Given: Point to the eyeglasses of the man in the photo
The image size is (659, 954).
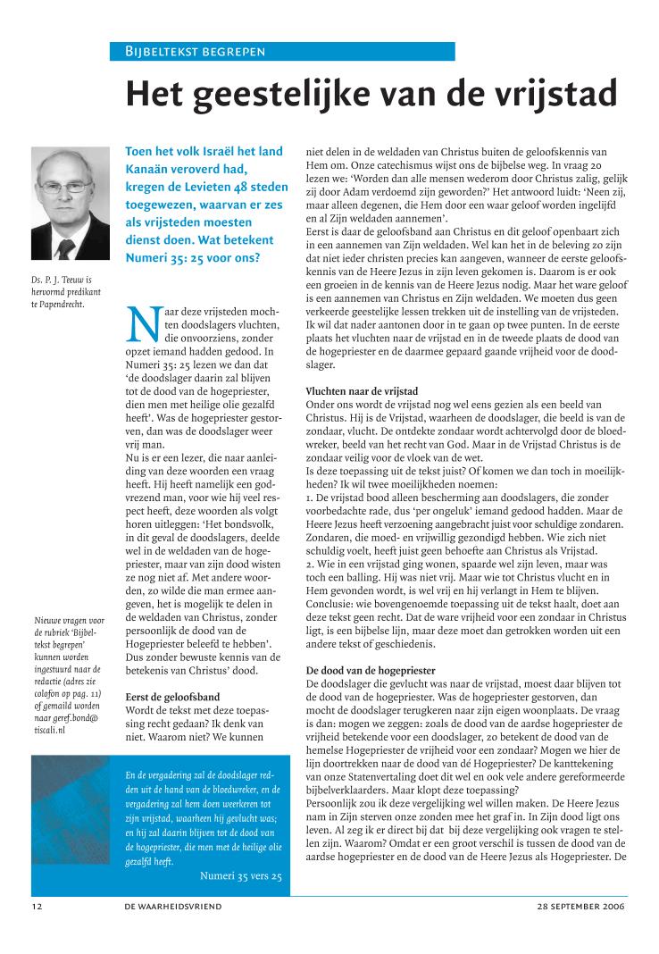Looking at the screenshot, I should click(x=65, y=187).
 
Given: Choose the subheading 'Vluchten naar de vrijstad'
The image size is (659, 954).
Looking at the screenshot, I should click(x=362, y=391).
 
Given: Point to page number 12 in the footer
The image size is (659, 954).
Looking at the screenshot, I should click(x=36, y=905).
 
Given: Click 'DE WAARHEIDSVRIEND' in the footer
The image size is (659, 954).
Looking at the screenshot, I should click(x=173, y=905).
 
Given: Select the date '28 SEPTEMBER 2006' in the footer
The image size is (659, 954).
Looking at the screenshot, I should click(x=581, y=905).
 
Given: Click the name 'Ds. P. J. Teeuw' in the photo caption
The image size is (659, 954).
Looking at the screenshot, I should click(x=62, y=280).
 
